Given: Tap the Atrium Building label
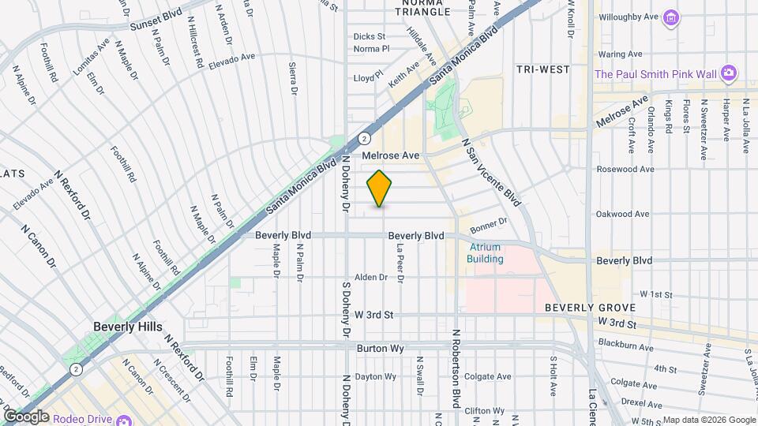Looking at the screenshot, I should point(485,252).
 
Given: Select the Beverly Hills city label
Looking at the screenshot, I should point(127,327).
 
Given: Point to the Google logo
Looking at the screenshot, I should point(26,416).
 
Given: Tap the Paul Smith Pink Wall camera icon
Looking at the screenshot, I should point(729,74).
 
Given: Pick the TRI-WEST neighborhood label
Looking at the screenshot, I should point(542,69).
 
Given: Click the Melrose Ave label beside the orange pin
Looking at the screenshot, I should point(390,155).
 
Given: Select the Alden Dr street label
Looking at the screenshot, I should point(370,277).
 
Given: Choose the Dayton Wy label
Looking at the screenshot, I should point(375,376).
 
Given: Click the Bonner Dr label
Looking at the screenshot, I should point(487,226).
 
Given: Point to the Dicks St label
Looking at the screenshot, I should point(369,36).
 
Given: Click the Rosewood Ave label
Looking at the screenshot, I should point(626,169).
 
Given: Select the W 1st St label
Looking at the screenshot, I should point(655,294).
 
